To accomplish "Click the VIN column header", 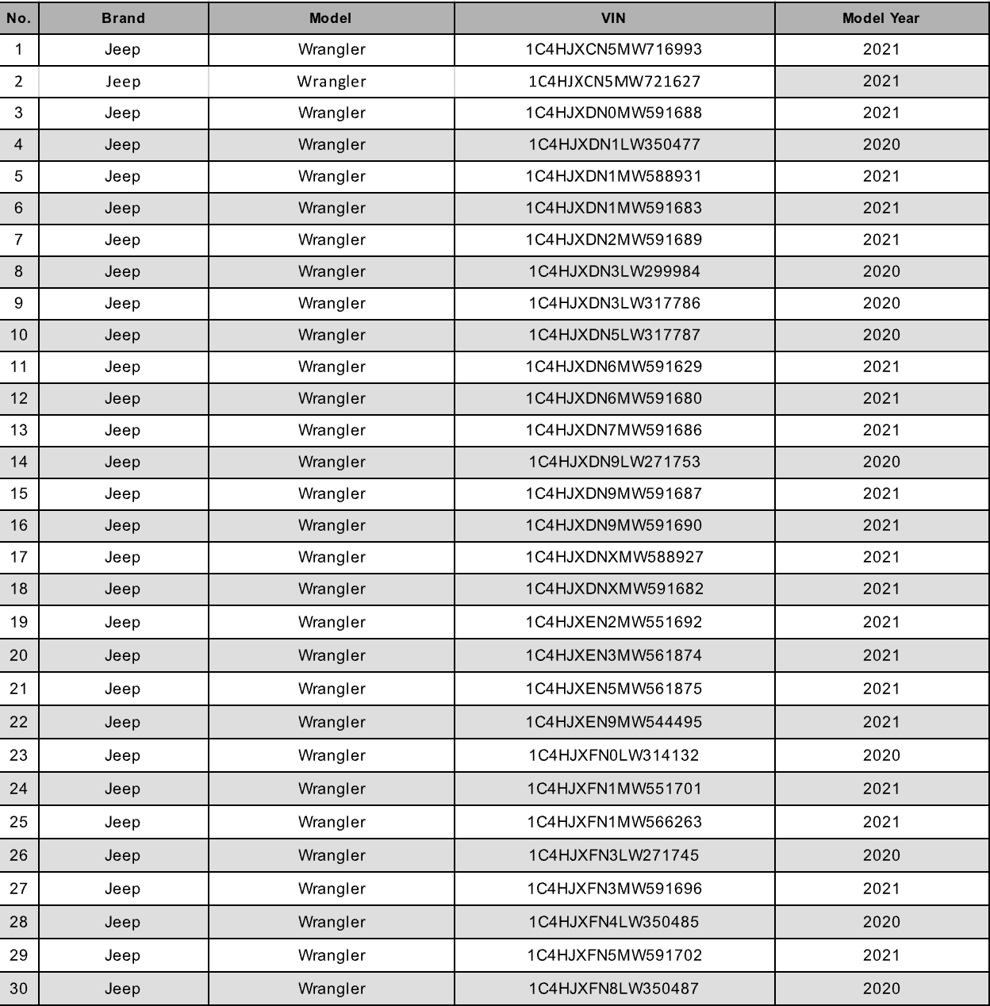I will coord(614,17).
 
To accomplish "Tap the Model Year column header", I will coord(881,17).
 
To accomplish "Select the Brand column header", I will coord(123,17).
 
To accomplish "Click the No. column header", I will coord(18,17).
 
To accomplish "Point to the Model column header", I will coord(331,17).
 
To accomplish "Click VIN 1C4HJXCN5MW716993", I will coord(614,49).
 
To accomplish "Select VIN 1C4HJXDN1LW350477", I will coord(614,144).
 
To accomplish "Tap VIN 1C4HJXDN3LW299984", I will coord(614,271).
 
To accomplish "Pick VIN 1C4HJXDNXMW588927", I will coord(614,557).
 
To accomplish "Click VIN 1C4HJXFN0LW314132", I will coord(614,755).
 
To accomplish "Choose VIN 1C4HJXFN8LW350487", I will coord(614,989).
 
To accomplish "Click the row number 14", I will coord(18,462).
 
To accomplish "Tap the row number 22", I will coord(18,722).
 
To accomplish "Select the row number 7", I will coord(18,240).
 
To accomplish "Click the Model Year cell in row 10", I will coord(881,335).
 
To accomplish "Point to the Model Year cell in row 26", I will coord(881,855).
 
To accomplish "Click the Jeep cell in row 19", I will coord(123,622).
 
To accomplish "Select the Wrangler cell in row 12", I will coord(332,398).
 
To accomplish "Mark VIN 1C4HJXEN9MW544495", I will coord(614,722).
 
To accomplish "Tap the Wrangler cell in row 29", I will coord(332,955).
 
